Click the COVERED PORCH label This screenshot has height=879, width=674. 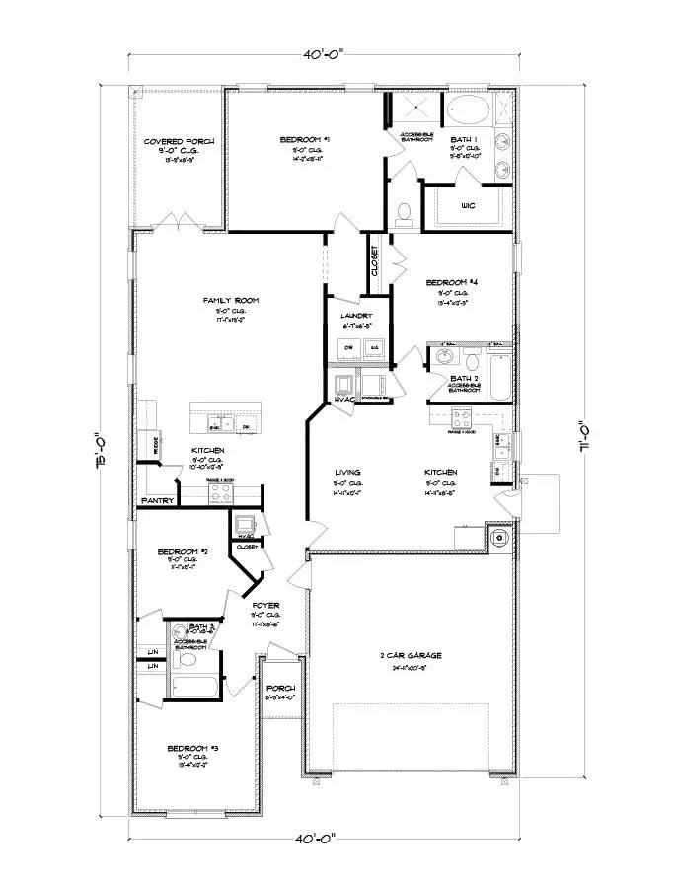[180, 142]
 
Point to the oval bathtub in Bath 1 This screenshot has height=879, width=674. [464, 109]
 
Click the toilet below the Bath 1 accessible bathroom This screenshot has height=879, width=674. [403, 212]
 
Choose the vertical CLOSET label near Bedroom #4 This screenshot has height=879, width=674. [376, 261]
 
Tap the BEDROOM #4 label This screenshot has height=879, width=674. [459, 282]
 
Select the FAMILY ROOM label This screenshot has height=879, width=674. [230, 300]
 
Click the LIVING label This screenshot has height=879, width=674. [347, 473]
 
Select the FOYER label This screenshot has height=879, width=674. [266, 605]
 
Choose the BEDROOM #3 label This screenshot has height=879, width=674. [187, 749]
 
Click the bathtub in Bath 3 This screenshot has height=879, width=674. [191, 687]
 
